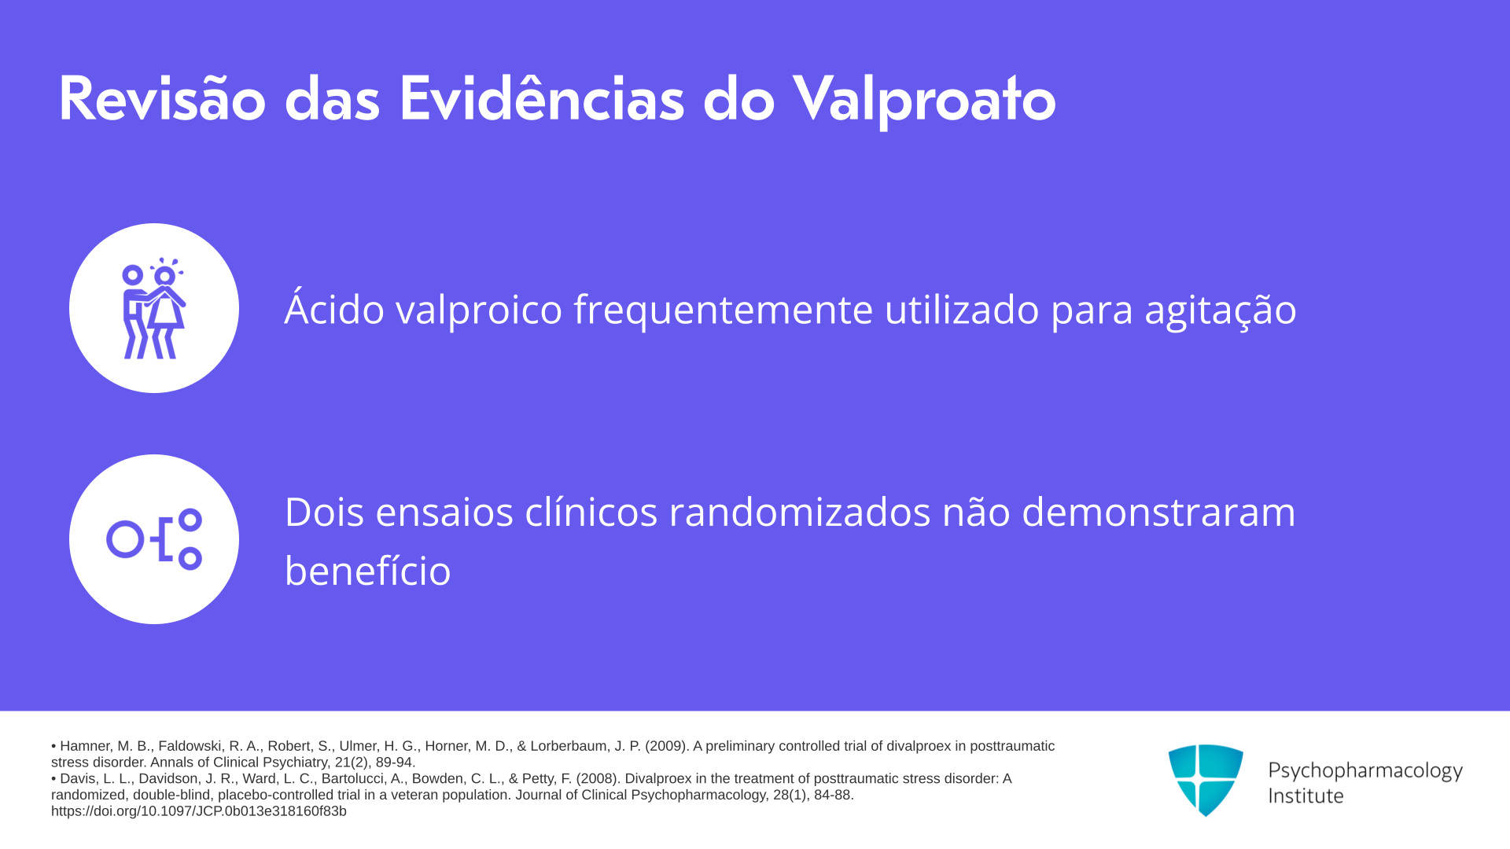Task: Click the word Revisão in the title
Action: pos(162,99)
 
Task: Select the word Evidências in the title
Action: pos(542,99)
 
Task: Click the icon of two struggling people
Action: pos(154,308)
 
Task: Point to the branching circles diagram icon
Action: pos(154,539)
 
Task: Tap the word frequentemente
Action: pos(723,310)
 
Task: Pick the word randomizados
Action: pos(800,512)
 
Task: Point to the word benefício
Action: pos(368,570)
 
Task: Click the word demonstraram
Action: pos(1158,512)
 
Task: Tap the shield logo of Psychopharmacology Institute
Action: pos(1206,780)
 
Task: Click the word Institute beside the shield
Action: pos(1306,796)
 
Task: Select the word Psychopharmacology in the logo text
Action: pos(1365,771)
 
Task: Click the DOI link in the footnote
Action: pos(199,811)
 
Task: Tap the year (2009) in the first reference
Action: pos(667,746)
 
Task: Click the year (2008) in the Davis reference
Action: pos(598,779)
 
